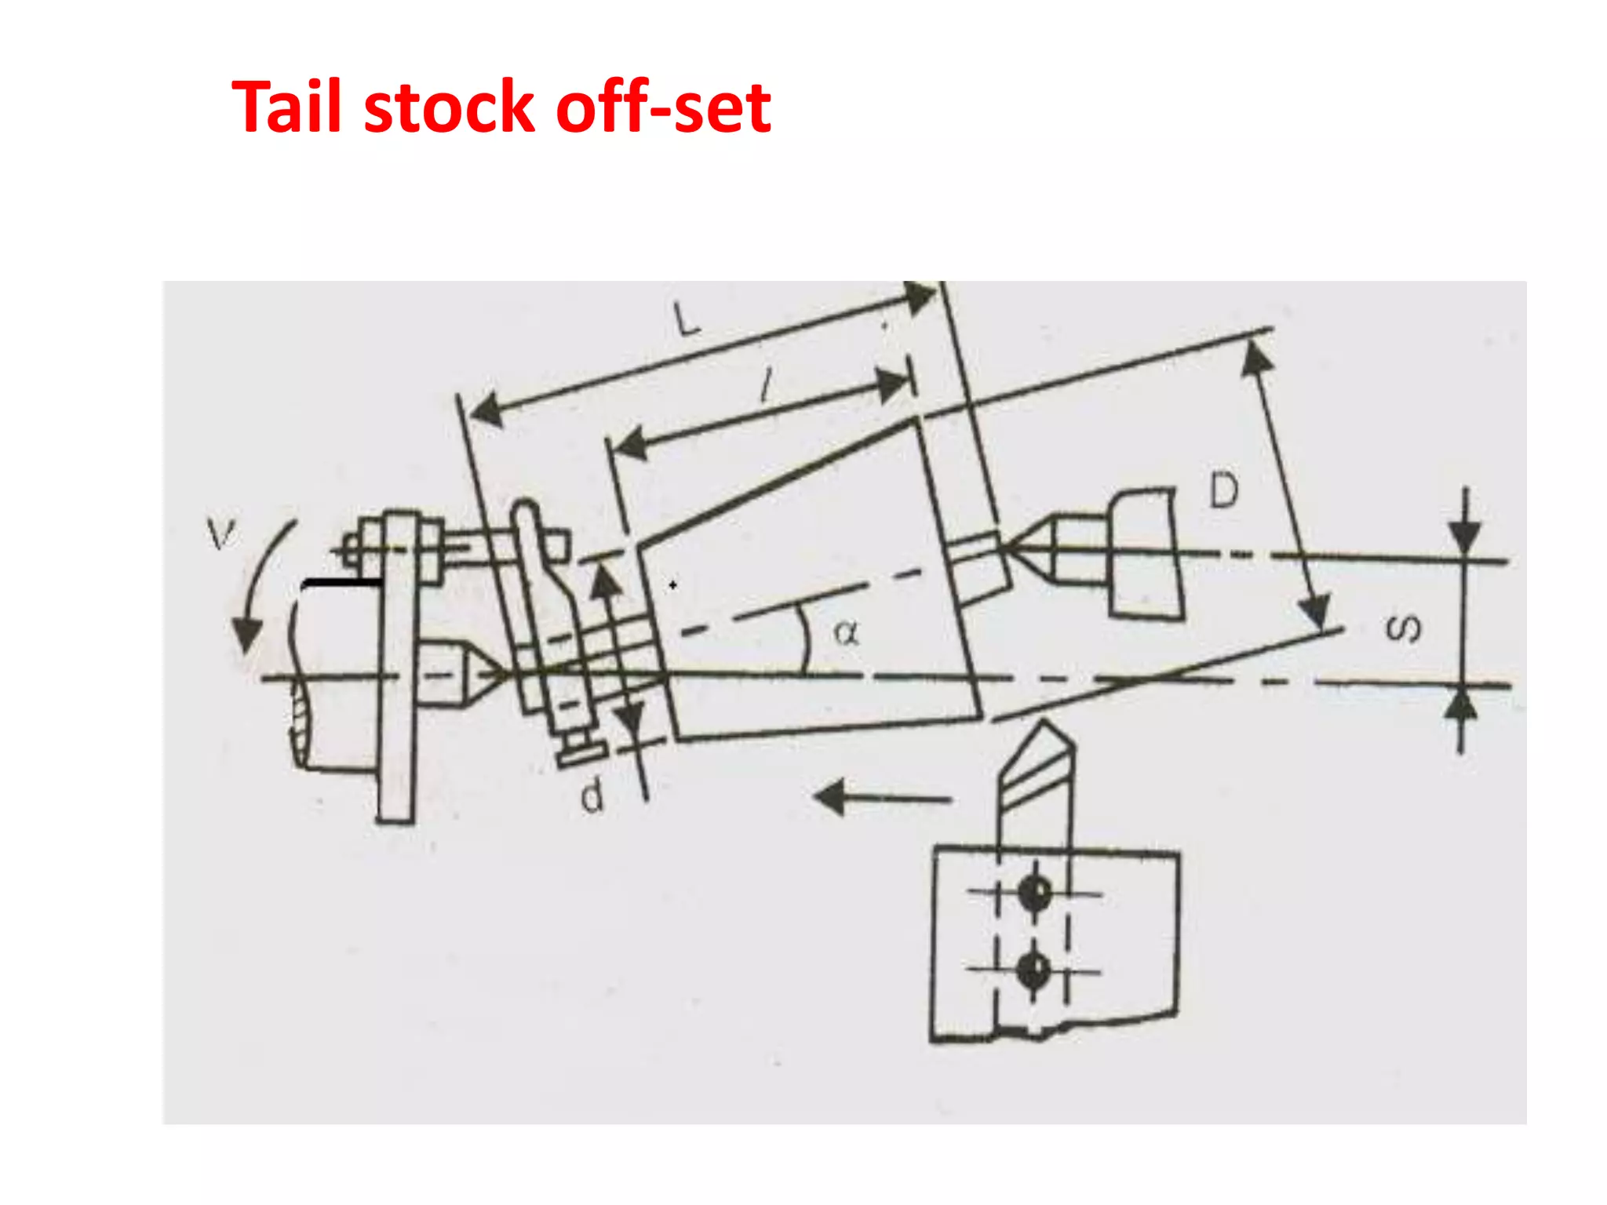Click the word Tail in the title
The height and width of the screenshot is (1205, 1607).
point(288,107)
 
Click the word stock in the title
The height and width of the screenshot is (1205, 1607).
point(449,107)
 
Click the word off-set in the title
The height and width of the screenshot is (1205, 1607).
point(663,107)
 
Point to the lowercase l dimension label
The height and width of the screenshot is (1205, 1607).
point(766,387)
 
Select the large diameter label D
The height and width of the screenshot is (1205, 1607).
point(1224,490)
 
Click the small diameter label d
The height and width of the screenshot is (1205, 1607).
point(592,797)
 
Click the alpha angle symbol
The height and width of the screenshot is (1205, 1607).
point(846,632)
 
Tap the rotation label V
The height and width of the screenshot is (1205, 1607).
point(220,534)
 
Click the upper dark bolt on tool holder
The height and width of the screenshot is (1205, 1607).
point(1034,892)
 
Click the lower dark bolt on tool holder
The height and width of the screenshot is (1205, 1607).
point(1033,970)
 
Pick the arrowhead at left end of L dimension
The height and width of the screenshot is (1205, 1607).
point(485,410)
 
